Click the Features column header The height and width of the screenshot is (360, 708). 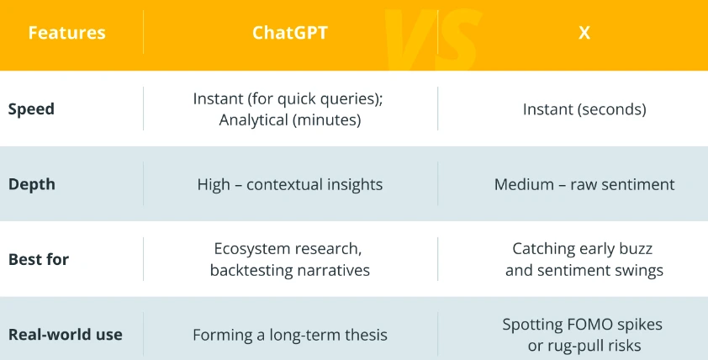(66, 33)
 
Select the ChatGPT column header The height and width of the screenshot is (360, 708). (290, 33)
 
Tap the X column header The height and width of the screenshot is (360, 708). (584, 33)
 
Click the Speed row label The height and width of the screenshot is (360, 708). (31, 109)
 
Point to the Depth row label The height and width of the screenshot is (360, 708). (31, 184)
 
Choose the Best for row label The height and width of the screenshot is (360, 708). (39, 259)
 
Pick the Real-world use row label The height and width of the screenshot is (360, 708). (65, 334)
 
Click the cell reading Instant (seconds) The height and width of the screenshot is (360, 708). (584, 109)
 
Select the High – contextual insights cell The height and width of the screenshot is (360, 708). (290, 184)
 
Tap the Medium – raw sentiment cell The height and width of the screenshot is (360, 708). (584, 184)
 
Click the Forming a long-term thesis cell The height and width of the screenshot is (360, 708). (290, 335)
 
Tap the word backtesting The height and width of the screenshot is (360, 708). (251, 270)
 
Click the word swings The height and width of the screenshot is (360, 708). (640, 270)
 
